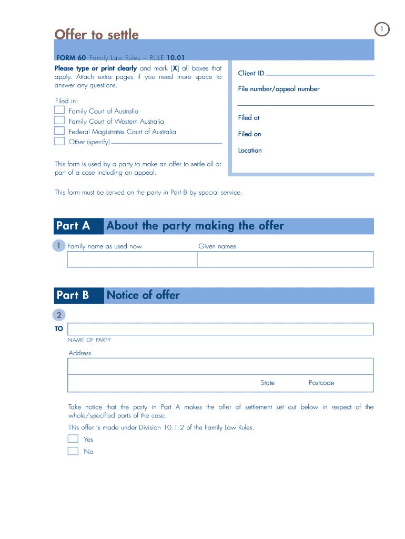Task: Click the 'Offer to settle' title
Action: pos(97,35)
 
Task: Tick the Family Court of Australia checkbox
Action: pos(59,111)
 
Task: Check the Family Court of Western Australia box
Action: pos(59,121)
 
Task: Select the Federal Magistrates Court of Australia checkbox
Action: pos(59,131)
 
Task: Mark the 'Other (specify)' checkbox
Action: pos(59,141)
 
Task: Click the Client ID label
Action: pos(251,73)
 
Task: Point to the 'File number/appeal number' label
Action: pos(278,89)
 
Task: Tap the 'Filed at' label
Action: pos(249,117)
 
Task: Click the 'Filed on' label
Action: pos(249,134)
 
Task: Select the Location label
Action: pos(250,150)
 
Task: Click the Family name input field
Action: pos(132,259)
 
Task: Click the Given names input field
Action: pos(285,259)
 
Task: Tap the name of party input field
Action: pos(220,329)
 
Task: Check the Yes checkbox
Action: pos(73,439)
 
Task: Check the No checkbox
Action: pos(73,451)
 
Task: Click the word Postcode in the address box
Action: pos(321,383)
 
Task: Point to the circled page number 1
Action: pos(382,29)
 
